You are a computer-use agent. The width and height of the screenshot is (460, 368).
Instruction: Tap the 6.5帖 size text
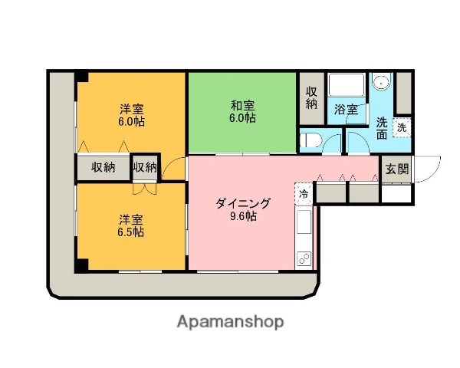(131, 232)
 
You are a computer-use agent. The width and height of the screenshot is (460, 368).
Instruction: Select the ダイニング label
(242, 203)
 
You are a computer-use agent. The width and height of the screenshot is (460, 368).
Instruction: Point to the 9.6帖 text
(242, 216)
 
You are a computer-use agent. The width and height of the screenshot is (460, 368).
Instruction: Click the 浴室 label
(346, 110)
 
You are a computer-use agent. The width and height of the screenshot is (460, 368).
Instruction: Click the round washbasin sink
(381, 83)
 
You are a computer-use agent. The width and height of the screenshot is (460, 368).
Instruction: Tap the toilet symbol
(310, 140)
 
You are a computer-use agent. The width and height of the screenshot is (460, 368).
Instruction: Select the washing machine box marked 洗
(402, 128)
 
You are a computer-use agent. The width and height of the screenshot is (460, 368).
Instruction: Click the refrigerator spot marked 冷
(304, 194)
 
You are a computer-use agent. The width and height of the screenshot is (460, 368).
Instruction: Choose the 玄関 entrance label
(396, 169)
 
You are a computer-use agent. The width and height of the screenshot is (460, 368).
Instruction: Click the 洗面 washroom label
(381, 128)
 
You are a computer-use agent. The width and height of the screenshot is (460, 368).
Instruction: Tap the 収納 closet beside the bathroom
(311, 99)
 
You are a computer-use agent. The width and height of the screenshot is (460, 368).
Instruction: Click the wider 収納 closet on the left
(103, 167)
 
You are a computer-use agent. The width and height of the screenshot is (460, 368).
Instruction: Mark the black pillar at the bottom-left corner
(80, 265)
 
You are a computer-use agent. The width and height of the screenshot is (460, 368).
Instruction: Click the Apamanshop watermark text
(230, 321)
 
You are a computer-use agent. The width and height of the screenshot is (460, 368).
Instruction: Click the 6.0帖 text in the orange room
(131, 121)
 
